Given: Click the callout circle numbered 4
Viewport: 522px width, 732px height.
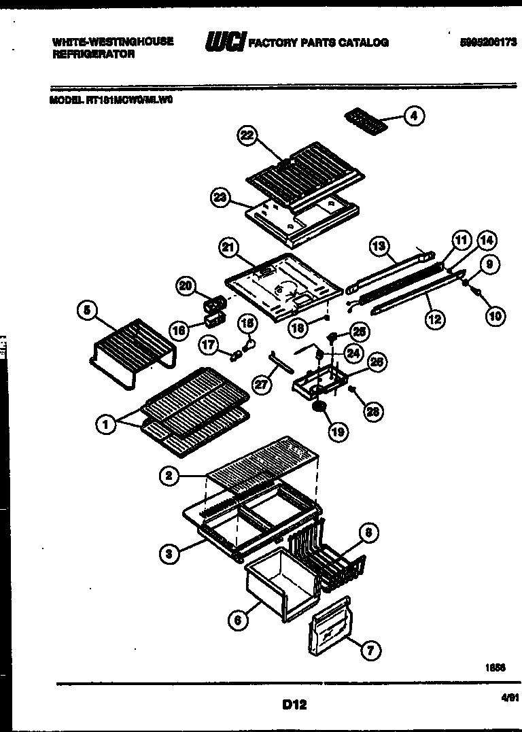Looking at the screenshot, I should [413, 116].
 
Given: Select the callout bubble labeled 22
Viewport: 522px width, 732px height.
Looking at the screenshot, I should [246, 136].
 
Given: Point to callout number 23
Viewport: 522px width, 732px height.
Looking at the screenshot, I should [220, 197].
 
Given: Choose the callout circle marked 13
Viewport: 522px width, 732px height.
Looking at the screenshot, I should [379, 245].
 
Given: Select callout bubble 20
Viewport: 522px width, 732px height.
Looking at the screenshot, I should [186, 286].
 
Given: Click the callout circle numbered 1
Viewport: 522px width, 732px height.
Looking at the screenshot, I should [105, 425].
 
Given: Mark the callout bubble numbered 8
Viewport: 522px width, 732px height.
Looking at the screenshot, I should [368, 534].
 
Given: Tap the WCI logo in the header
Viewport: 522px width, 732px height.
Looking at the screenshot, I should [224, 42].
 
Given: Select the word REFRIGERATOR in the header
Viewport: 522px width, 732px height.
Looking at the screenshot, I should [93, 54].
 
